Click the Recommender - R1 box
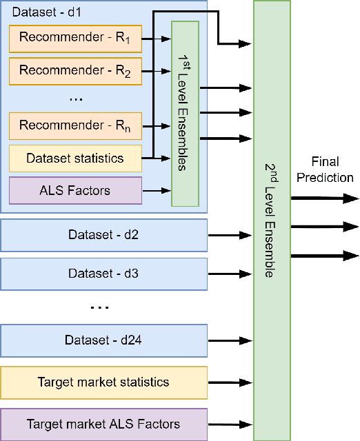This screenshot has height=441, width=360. tap(75, 39)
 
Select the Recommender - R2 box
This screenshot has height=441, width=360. tap(75, 71)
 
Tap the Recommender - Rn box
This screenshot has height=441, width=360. tap(75, 126)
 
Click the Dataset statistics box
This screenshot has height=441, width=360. tap(75, 158)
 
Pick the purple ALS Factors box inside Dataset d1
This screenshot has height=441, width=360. tap(75, 190)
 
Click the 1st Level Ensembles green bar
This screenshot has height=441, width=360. tap(184, 114)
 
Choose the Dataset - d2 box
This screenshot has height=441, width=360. tap(103, 236)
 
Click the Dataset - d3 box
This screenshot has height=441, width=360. tap(103, 273)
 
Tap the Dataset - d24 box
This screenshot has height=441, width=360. tap(103, 340)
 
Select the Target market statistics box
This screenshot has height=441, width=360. tap(103, 382)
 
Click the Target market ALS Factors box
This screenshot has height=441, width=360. tap(103, 424)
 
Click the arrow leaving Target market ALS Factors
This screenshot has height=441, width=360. tap(230, 424)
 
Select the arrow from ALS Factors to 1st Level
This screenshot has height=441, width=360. tap(156, 190)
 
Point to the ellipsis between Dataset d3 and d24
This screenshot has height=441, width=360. tap(100, 307)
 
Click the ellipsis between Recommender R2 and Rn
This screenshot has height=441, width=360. tap(76, 99)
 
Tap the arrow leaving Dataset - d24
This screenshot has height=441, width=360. tap(230, 340)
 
